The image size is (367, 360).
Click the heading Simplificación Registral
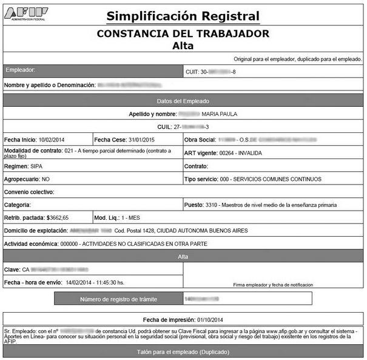[x=183, y=16]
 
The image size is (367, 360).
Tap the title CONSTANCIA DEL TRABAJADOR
[x=183, y=33]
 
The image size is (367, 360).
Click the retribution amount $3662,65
[x=58, y=217]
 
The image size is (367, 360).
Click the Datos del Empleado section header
[x=183, y=101]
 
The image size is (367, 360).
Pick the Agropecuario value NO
[x=45, y=179]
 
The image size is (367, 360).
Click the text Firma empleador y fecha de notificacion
[x=272, y=284]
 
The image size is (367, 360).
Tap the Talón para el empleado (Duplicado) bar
[x=183, y=352]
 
